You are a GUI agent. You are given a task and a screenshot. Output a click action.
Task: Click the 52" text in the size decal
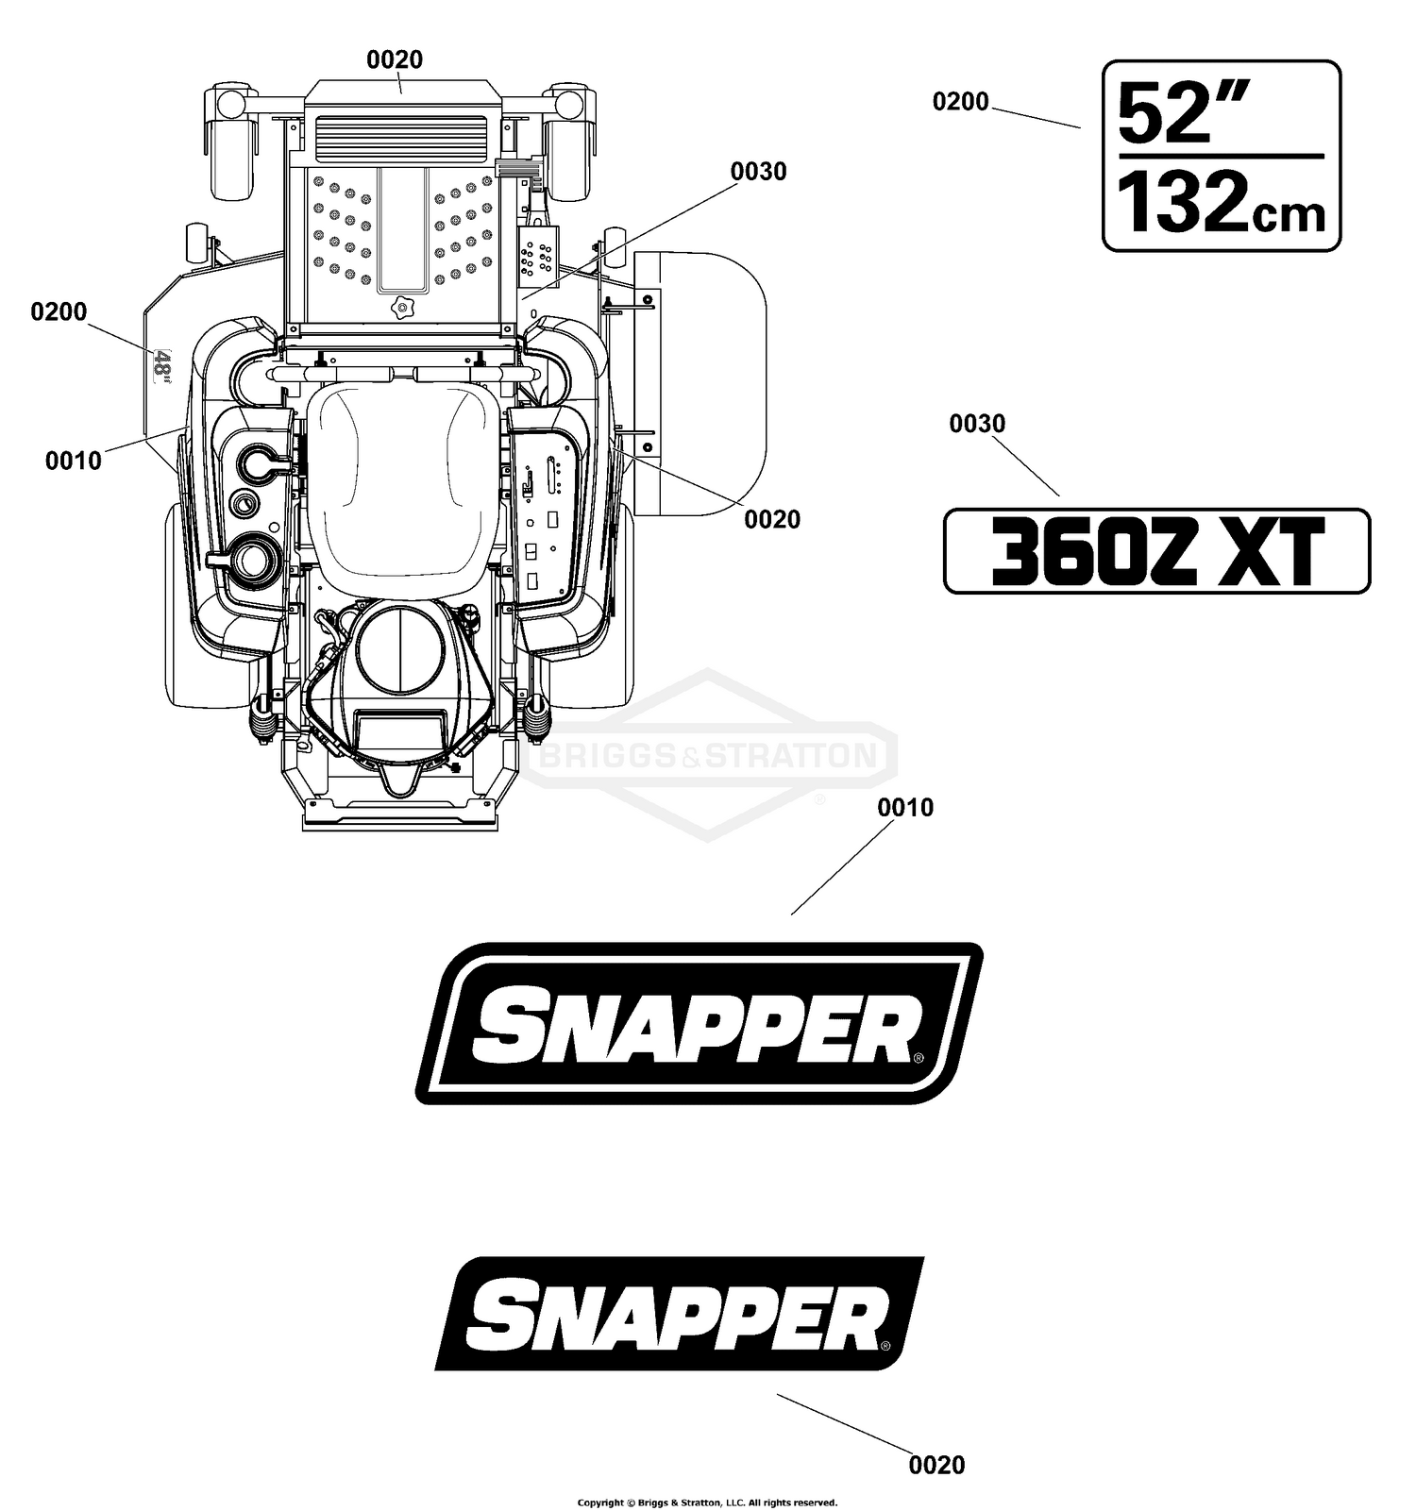coord(1185,111)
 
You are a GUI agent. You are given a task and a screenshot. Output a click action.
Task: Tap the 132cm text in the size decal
coord(1222,202)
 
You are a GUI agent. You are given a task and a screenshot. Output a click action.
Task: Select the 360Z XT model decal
coord(1156,551)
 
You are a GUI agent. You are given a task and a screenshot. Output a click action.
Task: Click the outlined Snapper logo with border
coord(700,1024)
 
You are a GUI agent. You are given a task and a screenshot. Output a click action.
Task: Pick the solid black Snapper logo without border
coord(680,1314)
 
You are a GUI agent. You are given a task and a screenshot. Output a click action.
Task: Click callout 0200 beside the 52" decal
coord(960,101)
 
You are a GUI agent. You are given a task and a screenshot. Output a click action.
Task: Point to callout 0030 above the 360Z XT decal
coord(977,424)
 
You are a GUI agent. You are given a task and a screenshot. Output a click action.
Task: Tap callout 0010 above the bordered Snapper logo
coord(905,807)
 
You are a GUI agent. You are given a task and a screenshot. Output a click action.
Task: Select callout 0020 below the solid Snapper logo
coord(936,1465)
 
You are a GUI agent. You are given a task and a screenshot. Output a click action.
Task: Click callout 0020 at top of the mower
coord(395,59)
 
